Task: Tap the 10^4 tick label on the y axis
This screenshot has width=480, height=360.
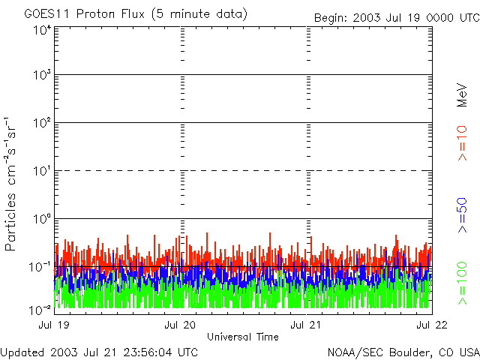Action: (41, 30)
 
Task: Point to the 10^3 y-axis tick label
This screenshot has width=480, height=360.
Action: (41, 76)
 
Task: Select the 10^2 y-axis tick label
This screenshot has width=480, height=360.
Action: (41, 124)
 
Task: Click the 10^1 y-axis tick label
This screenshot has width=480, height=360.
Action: (41, 172)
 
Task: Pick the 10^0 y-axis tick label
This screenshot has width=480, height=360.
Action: (41, 220)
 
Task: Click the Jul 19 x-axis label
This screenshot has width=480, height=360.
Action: (55, 325)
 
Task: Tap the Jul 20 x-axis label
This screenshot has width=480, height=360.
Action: (181, 325)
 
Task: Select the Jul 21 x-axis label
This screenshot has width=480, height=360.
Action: (307, 325)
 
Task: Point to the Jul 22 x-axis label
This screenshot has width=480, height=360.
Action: (430, 325)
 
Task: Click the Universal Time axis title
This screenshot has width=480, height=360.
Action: (243, 337)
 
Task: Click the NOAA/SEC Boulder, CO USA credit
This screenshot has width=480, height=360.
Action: (403, 352)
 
